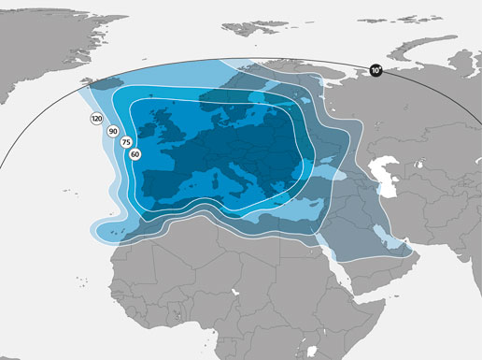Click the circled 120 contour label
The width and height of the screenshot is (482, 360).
point(97,119)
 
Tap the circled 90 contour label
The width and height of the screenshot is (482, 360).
point(113,132)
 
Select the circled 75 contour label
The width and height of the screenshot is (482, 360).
point(125,143)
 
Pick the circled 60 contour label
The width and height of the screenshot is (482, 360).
point(135,154)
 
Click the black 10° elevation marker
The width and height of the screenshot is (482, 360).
point(376,70)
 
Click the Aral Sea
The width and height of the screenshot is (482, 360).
point(420,155)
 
